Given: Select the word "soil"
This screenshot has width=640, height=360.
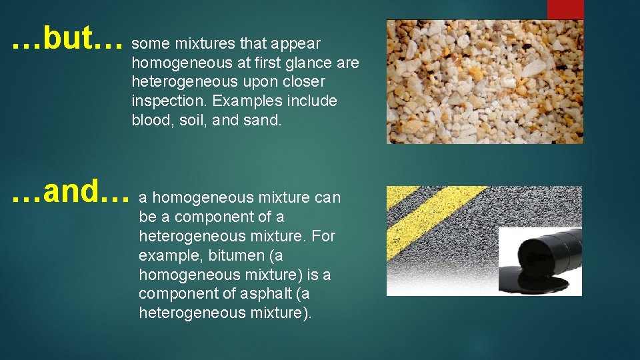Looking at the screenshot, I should pos(189,121).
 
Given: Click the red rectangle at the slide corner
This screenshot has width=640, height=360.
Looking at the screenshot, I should pos(565,9).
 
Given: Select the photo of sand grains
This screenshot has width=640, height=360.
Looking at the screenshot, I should pos(485,81).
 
